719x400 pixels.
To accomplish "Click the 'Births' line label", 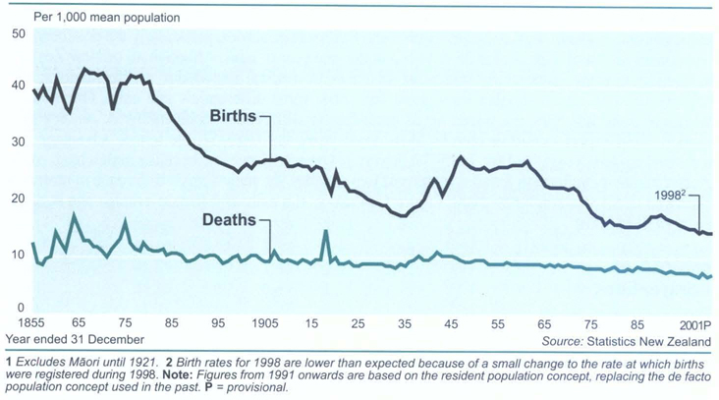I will coord(232,116).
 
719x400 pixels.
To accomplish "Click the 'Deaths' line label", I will coord(230,220).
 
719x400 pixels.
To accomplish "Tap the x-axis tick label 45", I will coord(452,323).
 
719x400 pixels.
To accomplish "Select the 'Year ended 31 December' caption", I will coord(74,340).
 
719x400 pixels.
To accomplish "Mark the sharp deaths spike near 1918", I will coord(325,232).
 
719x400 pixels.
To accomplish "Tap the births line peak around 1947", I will coord(460,157).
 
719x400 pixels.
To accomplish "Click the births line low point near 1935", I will coord(403,215).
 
